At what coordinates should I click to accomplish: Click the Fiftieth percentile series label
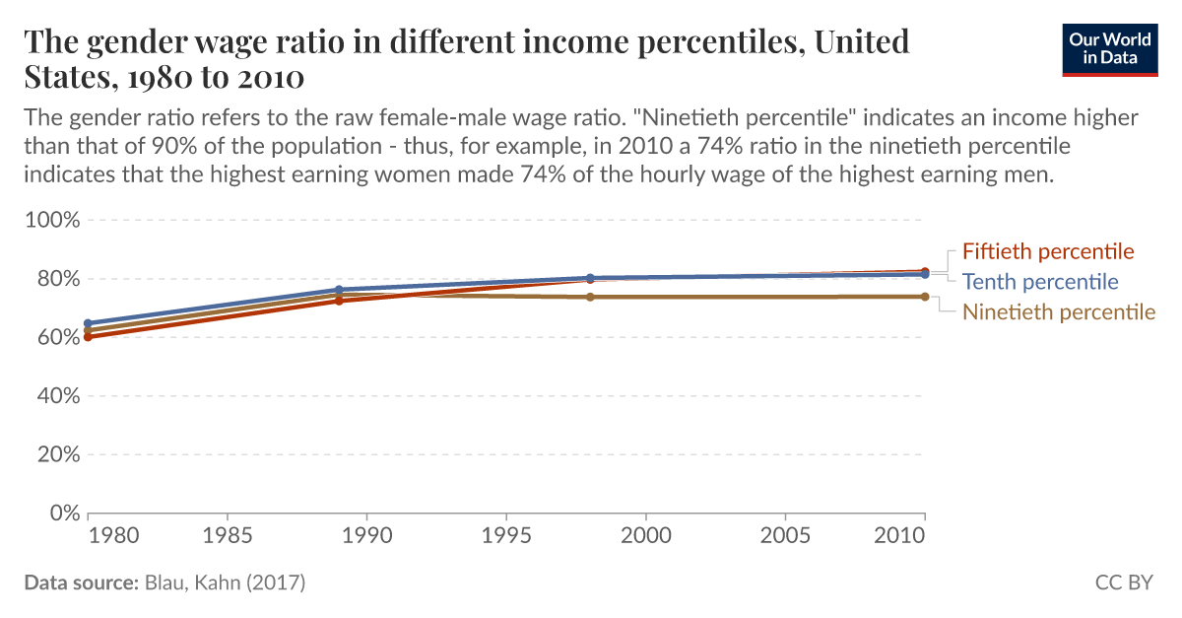1048,251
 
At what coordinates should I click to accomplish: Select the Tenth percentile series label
1040,282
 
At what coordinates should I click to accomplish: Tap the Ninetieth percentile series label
1059,312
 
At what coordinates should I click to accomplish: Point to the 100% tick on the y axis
50,220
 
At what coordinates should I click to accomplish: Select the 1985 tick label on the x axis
228,536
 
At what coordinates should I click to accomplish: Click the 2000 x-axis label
645,536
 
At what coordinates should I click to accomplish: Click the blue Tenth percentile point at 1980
89,323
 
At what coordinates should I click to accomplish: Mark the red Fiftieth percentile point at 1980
89,337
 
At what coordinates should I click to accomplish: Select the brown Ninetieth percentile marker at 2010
924,297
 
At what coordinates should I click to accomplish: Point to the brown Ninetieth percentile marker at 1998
590,297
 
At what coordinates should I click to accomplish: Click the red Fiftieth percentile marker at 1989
339,301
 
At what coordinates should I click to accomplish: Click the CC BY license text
1124,583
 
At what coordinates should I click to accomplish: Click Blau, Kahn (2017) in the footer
225,583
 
